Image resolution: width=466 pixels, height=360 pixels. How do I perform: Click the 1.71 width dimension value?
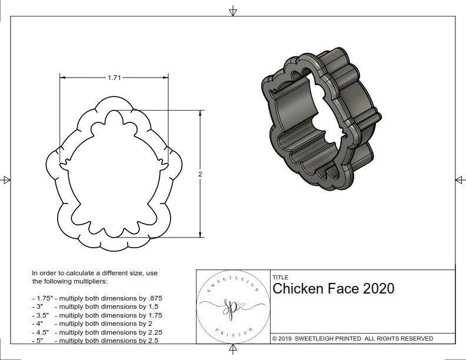click(115, 78)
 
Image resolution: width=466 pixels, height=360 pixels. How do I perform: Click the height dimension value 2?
click(201, 175)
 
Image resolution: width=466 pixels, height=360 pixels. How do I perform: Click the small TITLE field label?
click(280, 277)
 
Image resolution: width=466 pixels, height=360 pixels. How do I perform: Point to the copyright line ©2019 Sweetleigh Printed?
click(352, 338)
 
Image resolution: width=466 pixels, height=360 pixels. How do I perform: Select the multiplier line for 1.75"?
click(97, 298)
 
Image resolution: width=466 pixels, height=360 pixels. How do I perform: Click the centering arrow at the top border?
click(233, 11)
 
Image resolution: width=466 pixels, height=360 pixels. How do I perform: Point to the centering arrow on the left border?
click(6, 180)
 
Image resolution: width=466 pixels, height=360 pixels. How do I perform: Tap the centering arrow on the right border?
click(460, 180)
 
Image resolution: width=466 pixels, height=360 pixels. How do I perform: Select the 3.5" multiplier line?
click(97, 315)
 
